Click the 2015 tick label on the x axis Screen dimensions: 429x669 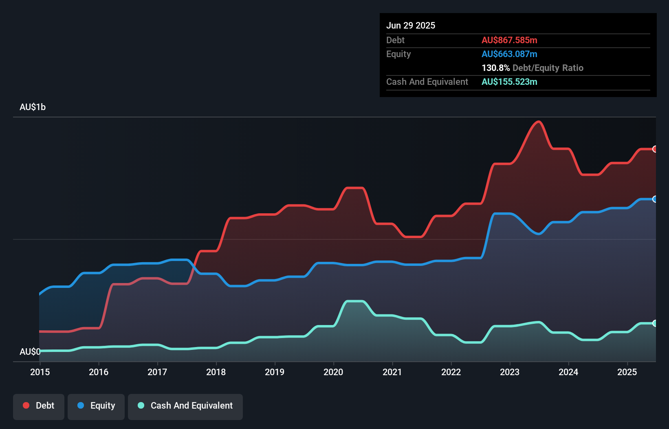(40, 372)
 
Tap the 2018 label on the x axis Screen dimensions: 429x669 (216, 372)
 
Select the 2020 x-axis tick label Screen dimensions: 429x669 (333, 372)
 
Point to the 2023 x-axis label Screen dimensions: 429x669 (510, 372)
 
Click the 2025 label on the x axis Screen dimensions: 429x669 (627, 372)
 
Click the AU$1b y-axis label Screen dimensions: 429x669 (33, 107)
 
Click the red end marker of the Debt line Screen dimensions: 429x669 (655, 149)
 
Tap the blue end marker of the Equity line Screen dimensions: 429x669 (655, 199)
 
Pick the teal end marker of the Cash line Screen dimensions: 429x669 (655, 323)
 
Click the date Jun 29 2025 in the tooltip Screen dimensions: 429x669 (411, 26)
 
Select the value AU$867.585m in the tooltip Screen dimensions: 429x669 (509, 40)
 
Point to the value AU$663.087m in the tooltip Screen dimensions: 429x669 (509, 54)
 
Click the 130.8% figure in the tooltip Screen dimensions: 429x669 (495, 68)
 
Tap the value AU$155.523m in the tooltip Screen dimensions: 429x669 (509, 82)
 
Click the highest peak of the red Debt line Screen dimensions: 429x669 (539, 122)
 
